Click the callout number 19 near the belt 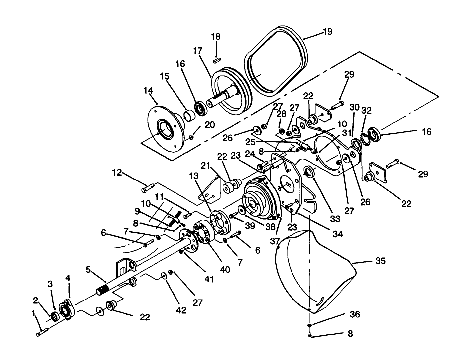[x=327, y=32]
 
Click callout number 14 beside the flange [x=148, y=90]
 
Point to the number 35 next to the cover [x=380, y=261]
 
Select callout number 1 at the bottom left [x=33, y=313]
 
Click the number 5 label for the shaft [x=88, y=270]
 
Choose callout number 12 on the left [x=117, y=172]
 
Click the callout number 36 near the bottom [x=355, y=314]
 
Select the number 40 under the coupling [x=225, y=270]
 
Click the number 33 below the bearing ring [x=335, y=219]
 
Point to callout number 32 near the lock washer [x=367, y=110]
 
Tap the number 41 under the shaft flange [x=209, y=280]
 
